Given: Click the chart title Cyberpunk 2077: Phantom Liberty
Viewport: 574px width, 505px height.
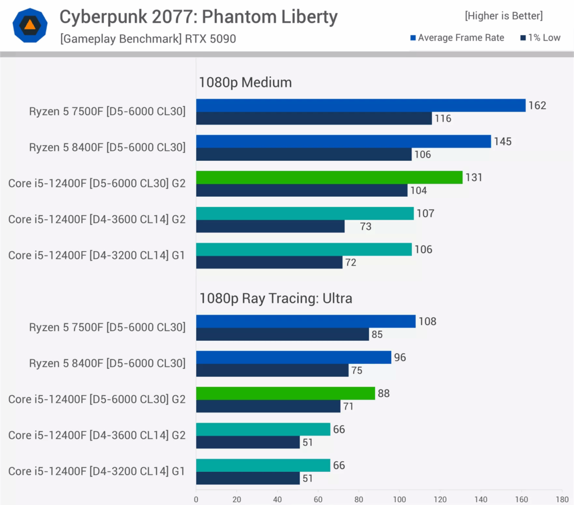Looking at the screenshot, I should tap(198, 17).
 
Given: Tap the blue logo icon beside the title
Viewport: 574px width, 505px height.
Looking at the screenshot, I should tap(30, 25).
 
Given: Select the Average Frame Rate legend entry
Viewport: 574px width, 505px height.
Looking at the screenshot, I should tap(457, 38).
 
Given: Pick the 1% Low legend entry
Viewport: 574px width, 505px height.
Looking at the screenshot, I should tap(540, 38).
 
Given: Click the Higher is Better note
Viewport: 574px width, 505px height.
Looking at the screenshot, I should tap(503, 16).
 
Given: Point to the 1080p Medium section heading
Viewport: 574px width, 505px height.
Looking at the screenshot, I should tap(246, 82).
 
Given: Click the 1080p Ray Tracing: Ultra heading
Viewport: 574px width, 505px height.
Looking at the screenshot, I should tap(276, 298).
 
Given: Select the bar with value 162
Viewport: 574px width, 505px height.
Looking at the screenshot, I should tap(360, 105).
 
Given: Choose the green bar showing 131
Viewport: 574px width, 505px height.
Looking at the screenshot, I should tap(329, 178).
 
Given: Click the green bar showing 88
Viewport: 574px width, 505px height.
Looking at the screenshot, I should tap(285, 393).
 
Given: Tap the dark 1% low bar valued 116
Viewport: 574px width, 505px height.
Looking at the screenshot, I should tap(314, 118).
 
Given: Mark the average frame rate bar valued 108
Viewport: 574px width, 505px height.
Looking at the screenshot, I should tap(305, 321).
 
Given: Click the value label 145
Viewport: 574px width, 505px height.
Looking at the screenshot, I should tap(503, 142).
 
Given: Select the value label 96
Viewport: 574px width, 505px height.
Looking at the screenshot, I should tap(400, 358).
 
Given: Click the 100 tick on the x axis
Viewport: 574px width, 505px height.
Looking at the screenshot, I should tap(399, 498).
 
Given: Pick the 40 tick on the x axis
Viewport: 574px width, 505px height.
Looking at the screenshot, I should tap(277, 498).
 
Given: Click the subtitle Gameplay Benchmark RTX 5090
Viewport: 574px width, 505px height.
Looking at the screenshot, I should tap(148, 39).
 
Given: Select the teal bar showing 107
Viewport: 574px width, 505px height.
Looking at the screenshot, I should tap(305, 214).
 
